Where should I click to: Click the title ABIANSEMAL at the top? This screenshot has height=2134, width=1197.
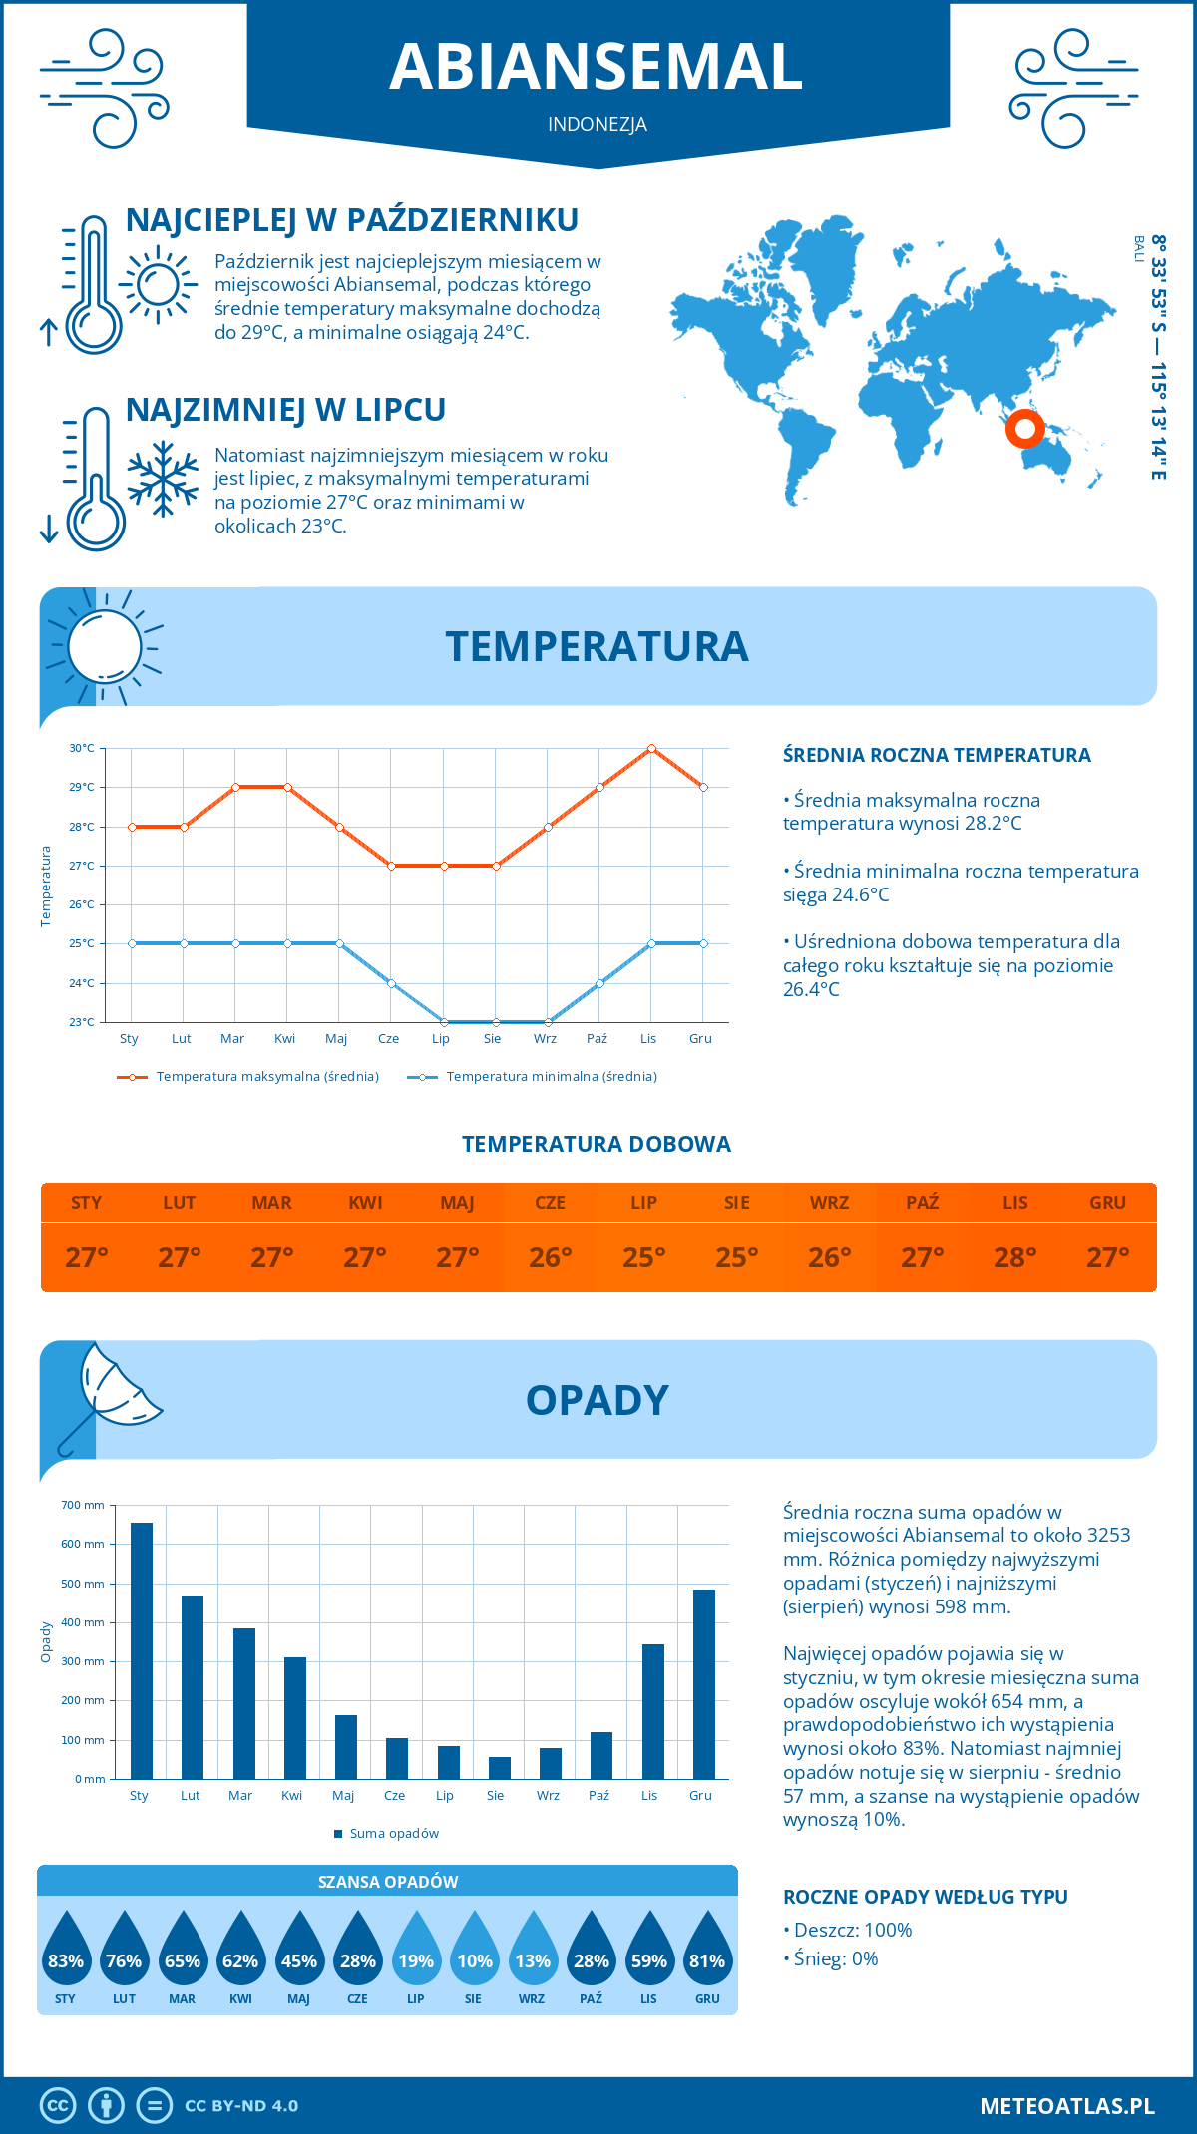(597, 67)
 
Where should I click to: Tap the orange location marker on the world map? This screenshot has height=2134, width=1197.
(1024, 429)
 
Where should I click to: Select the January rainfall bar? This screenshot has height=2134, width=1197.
(142, 1650)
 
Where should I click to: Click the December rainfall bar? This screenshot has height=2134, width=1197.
(703, 1684)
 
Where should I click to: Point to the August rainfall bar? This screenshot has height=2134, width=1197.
(499, 1768)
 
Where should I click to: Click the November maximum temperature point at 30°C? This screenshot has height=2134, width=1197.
(651, 748)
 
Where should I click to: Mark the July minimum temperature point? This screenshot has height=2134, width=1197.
(444, 1022)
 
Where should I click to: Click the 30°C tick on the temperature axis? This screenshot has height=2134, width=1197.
(82, 748)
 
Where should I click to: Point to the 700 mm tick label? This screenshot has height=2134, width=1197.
(83, 1505)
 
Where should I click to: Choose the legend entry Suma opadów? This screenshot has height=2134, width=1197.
(394, 1833)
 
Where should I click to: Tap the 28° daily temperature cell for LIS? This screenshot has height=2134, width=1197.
(1014, 1257)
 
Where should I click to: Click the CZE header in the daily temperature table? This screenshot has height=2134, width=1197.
(550, 1203)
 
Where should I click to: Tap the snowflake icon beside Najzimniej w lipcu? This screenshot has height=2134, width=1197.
(163, 479)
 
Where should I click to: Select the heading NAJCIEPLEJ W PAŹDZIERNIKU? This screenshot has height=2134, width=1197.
(352, 220)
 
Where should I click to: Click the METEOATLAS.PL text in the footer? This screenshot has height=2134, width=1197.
(1067, 2106)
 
